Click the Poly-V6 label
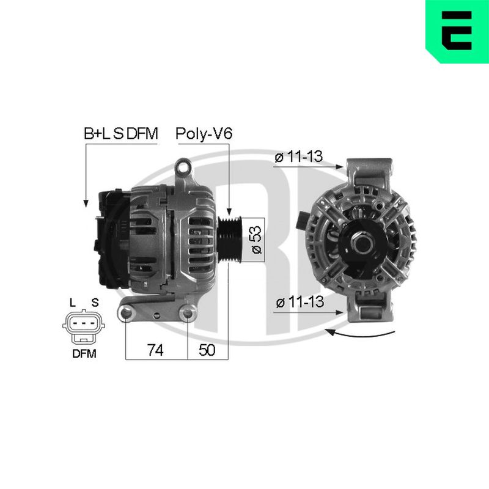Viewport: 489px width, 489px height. (x=204, y=133)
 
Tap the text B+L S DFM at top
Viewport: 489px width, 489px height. (x=121, y=133)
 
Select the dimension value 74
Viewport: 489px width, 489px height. (x=155, y=350)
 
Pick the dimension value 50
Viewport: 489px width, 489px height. (x=207, y=350)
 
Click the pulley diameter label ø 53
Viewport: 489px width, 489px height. (x=256, y=240)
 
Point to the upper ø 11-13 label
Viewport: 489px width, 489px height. (x=298, y=157)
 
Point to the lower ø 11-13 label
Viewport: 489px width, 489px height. (x=300, y=302)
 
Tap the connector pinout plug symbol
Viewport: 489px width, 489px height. (x=84, y=326)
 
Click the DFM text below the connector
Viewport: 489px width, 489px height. (x=84, y=354)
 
